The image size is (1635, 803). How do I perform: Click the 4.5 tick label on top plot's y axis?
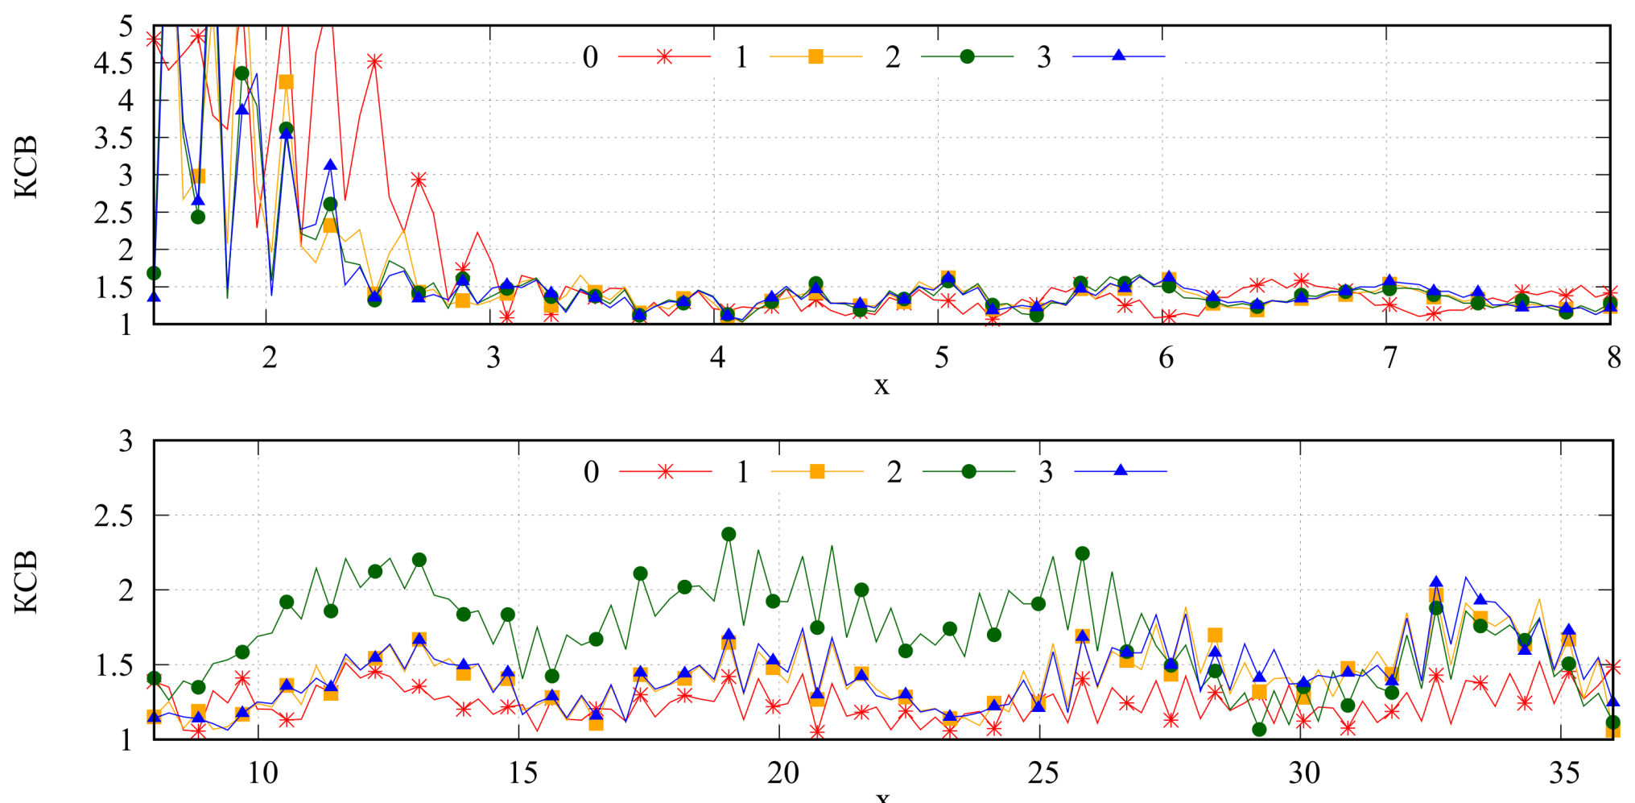pyautogui.click(x=114, y=64)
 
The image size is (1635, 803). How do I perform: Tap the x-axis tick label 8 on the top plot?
pyautogui.click(x=1613, y=358)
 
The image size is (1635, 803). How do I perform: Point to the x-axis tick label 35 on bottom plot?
pyautogui.click(x=1564, y=773)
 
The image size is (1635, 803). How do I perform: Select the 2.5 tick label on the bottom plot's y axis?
pyautogui.click(x=114, y=516)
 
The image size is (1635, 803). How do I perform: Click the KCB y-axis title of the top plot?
pyautogui.click(x=26, y=167)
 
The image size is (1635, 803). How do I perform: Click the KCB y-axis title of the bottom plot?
pyautogui.click(x=26, y=582)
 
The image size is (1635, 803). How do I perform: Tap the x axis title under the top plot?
pyautogui.click(x=881, y=386)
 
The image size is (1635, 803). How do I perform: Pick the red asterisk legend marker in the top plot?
pyautogui.click(x=664, y=56)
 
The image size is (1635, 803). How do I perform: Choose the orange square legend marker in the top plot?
pyautogui.click(x=815, y=56)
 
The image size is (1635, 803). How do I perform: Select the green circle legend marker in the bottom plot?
pyautogui.click(x=968, y=471)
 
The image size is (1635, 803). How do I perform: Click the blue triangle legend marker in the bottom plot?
pyautogui.click(x=1120, y=470)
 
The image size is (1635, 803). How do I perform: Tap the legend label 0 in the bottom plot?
pyautogui.click(x=591, y=472)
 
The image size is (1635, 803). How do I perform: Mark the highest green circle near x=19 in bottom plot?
pyautogui.click(x=729, y=534)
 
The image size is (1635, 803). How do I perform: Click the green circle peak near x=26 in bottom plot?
pyautogui.click(x=1082, y=553)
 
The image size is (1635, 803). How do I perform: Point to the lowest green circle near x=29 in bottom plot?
pyautogui.click(x=1259, y=730)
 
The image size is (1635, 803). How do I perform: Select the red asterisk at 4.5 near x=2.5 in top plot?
pyautogui.click(x=374, y=61)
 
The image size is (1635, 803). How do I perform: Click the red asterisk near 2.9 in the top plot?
pyautogui.click(x=419, y=180)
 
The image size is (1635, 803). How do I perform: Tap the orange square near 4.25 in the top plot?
pyautogui.click(x=286, y=82)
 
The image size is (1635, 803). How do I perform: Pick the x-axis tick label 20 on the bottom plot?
pyautogui.click(x=782, y=773)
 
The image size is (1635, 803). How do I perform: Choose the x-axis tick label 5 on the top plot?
pyautogui.click(x=941, y=358)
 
